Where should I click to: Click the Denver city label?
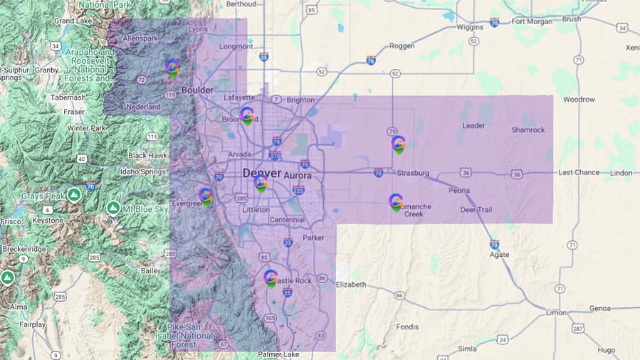point(261,173)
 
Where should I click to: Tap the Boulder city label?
point(197,90)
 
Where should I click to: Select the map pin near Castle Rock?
point(271,278)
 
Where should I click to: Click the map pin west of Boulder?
point(172,68)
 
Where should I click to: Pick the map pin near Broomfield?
point(247,115)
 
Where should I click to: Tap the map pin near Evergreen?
point(206,196)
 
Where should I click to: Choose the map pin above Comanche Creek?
point(396,203)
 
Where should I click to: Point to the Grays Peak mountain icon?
point(74,194)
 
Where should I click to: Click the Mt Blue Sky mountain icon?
point(112,208)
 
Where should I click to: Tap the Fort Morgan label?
point(533,21)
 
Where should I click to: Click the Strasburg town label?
point(413,173)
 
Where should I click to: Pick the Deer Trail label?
point(476,209)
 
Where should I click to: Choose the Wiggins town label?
point(472,26)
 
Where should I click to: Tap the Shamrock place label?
point(528,129)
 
